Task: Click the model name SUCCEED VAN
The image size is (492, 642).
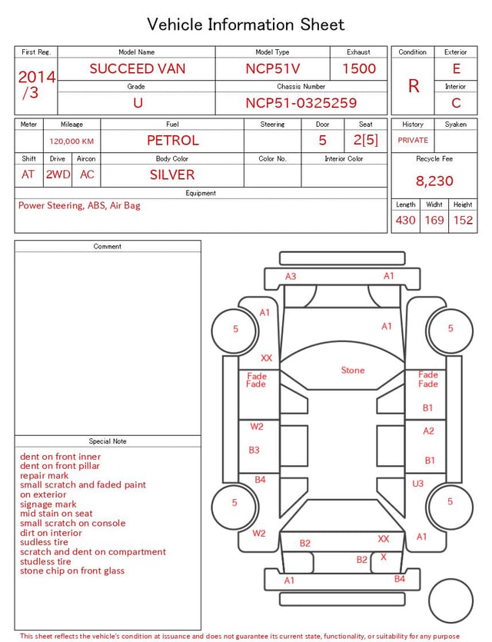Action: click(x=138, y=68)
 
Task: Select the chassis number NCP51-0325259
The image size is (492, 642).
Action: click(x=301, y=103)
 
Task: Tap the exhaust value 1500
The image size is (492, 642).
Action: click(x=359, y=68)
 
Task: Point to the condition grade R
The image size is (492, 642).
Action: click(x=414, y=86)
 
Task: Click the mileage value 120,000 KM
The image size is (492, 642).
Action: click(x=71, y=141)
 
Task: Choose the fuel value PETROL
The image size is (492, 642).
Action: click(x=173, y=141)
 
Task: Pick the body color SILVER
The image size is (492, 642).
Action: click(x=172, y=175)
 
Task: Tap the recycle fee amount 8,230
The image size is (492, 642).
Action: click(x=434, y=181)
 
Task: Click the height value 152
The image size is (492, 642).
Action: click(x=463, y=220)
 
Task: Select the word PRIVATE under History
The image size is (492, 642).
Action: click(x=413, y=140)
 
